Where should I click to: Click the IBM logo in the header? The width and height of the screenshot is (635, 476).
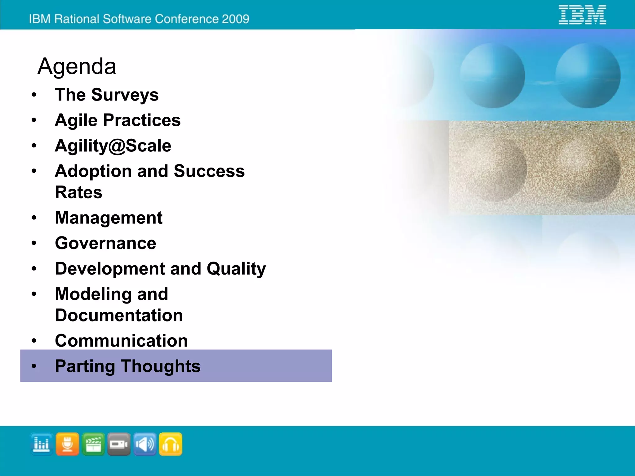582,15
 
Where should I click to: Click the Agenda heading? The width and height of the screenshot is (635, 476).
77,66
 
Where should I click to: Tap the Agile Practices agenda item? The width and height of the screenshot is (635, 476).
118,120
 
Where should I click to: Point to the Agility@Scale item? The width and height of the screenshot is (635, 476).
113,146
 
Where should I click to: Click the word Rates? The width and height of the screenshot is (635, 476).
78,192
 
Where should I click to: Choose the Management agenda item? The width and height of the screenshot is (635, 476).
109,218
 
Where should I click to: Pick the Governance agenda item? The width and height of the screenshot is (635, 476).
105,243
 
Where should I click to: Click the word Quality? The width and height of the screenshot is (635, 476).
236,269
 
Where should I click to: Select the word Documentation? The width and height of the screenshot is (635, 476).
119,315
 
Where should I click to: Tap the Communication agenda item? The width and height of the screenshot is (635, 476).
121,341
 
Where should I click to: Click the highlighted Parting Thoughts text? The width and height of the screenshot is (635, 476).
127,366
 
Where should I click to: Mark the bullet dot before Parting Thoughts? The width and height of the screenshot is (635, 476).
34,366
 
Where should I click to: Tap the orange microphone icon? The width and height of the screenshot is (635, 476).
67,444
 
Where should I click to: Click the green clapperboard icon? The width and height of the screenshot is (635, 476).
93,444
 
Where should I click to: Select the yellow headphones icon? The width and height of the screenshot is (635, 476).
171,444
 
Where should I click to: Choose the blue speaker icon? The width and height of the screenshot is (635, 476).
145,444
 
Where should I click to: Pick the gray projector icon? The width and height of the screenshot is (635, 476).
119,444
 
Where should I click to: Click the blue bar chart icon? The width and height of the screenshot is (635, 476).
42,444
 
